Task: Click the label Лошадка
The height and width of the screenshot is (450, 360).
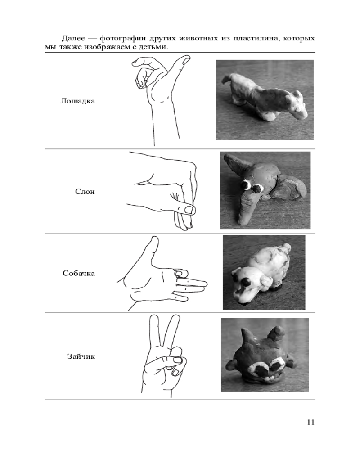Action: [x=77, y=101]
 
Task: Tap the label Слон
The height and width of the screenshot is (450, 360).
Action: [x=85, y=191]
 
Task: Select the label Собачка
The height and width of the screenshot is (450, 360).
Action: [x=79, y=273]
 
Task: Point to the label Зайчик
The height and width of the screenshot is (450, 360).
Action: [x=81, y=356]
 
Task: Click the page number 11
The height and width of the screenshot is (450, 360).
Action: [x=310, y=422]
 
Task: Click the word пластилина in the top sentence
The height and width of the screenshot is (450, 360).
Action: [x=256, y=38]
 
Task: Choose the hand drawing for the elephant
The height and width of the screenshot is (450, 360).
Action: [x=162, y=191]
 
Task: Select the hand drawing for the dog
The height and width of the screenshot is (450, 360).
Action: [x=162, y=274]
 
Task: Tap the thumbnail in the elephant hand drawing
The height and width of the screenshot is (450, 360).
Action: [x=189, y=209]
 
